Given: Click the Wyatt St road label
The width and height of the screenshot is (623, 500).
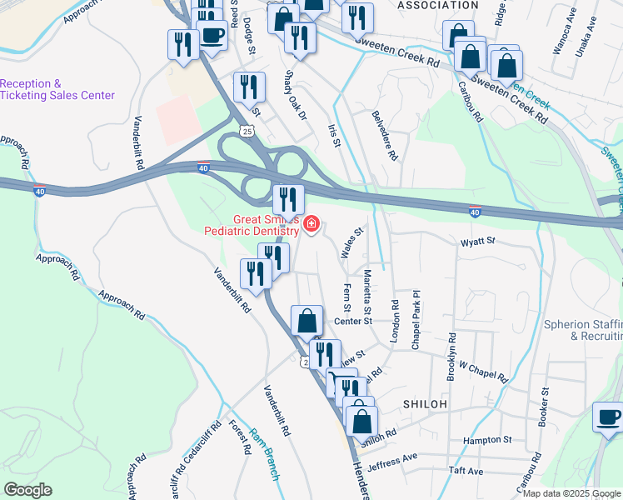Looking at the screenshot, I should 479,241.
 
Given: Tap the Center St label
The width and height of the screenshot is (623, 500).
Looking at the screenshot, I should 351,321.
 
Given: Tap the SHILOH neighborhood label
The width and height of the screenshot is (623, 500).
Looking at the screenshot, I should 425,403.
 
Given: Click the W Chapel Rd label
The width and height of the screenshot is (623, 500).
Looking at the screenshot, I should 482,372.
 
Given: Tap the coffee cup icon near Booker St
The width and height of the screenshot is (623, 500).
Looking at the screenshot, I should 607,415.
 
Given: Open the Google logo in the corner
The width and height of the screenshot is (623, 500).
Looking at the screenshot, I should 27,490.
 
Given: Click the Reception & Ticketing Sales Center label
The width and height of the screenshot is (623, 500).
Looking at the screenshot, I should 57,90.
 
